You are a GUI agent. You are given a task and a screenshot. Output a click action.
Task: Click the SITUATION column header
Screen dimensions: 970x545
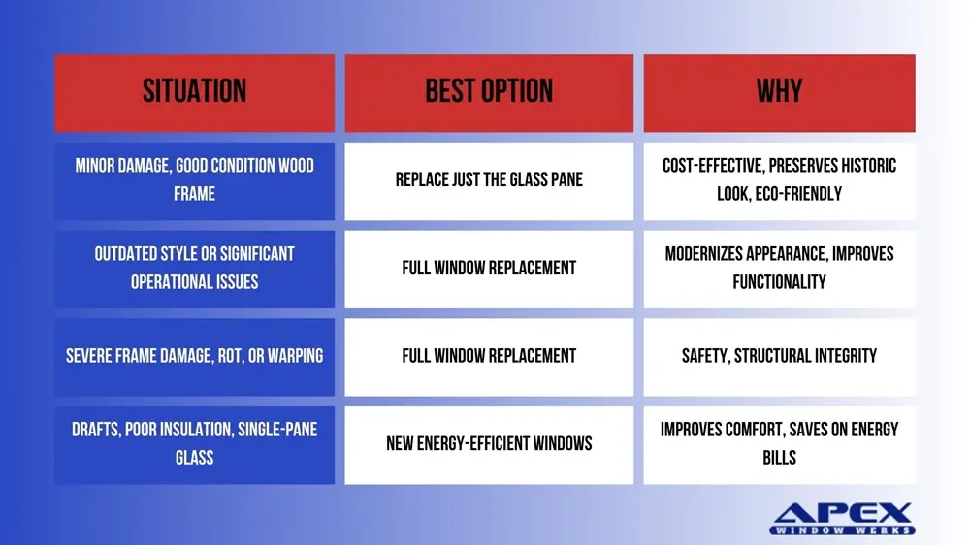[x=194, y=93]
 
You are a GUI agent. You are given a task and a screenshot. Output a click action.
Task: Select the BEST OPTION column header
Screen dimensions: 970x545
[x=489, y=93]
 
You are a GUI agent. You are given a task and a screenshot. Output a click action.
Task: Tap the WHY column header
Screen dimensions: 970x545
[x=780, y=93]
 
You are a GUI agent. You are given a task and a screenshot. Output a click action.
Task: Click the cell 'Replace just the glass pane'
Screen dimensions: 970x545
[x=489, y=180]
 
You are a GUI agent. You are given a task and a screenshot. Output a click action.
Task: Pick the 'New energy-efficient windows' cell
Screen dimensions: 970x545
[x=489, y=444]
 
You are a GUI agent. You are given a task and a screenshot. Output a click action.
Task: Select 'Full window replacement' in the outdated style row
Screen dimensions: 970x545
[x=489, y=269]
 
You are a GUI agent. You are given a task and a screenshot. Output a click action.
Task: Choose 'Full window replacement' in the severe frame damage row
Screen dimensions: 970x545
[x=489, y=356]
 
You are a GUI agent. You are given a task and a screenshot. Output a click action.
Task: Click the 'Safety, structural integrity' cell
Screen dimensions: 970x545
[x=780, y=356]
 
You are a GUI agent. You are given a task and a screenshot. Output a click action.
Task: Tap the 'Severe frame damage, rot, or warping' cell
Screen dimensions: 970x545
[x=194, y=356]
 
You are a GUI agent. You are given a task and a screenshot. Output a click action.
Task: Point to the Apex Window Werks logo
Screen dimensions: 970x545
[x=842, y=519]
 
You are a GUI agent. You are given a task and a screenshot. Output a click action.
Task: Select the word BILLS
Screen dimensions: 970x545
[x=780, y=458]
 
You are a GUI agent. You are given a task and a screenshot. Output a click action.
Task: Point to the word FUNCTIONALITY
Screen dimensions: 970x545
[x=780, y=283]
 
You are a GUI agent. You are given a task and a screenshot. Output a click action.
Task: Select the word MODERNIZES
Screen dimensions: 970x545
[x=703, y=254]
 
